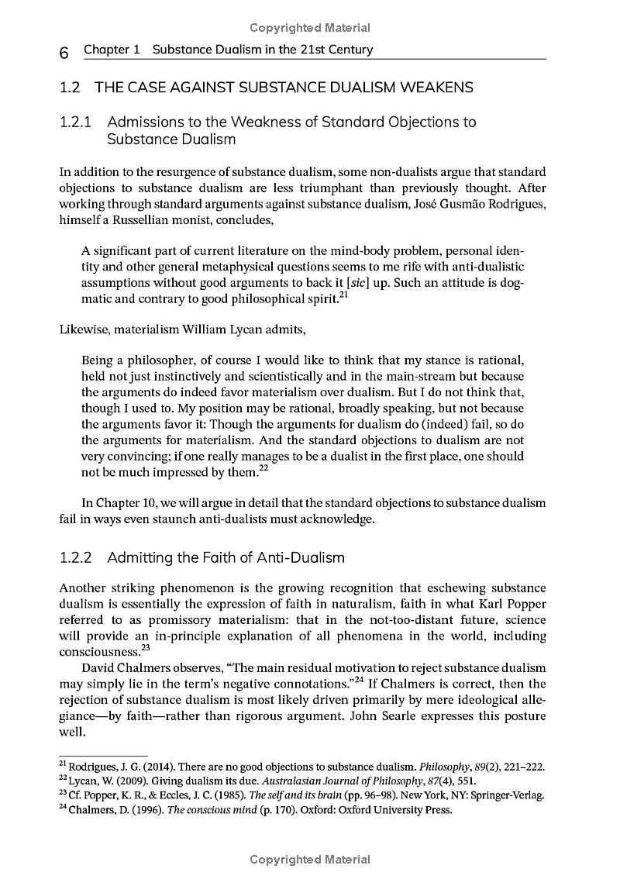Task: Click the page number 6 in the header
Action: (65, 52)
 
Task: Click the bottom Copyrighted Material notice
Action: (309, 860)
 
